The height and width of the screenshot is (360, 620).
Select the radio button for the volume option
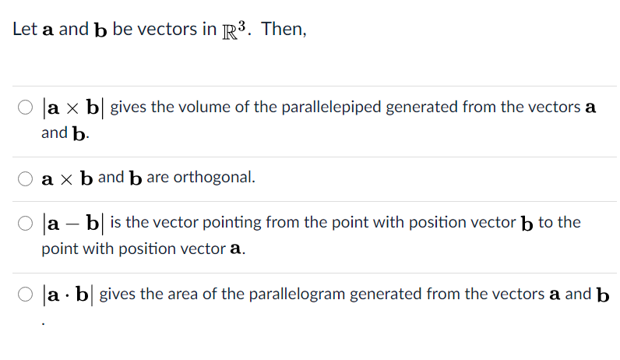tap(26, 108)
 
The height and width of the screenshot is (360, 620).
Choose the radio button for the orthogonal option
tap(26, 178)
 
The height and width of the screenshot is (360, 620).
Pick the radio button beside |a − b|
tap(26, 223)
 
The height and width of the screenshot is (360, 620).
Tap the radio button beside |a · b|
tap(26, 295)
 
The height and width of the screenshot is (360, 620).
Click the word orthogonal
tap(213, 177)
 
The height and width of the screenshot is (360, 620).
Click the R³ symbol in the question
tap(234, 30)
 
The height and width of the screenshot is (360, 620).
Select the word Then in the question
tap(283, 30)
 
